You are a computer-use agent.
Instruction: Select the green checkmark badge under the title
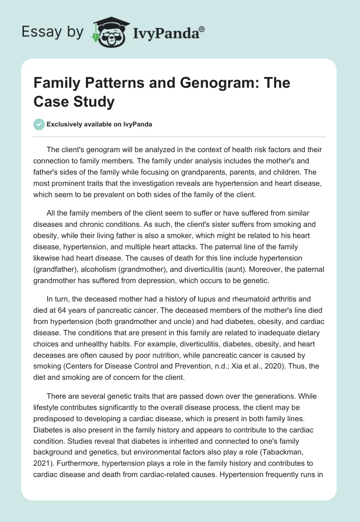click(39, 124)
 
